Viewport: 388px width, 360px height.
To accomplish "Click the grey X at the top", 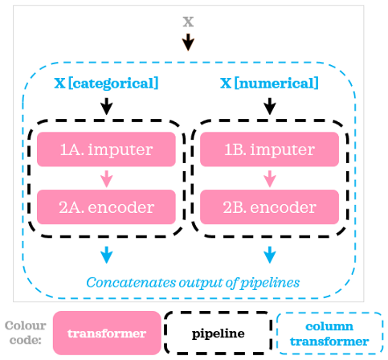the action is [x=188, y=22].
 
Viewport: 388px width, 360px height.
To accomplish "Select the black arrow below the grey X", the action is [x=188, y=42].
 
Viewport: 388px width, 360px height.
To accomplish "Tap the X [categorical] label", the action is [x=106, y=84].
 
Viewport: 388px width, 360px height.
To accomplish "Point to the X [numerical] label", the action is [x=269, y=83].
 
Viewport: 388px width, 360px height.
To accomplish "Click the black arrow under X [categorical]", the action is [x=107, y=106].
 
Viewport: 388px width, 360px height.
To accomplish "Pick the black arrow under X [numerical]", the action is [x=270, y=106].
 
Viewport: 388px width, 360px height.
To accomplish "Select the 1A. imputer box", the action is [x=106, y=149].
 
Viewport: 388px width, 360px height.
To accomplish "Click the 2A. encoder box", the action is [x=106, y=207].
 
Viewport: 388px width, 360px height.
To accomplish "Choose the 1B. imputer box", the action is [x=270, y=149].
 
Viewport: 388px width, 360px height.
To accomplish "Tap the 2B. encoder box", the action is [x=270, y=207].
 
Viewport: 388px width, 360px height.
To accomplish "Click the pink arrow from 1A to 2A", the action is [x=107, y=178].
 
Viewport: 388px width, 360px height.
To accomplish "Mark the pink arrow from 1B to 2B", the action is [x=270, y=178].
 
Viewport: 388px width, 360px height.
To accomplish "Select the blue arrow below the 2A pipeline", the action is [x=107, y=255].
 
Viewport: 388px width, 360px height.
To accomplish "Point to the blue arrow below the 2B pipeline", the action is [x=270, y=255].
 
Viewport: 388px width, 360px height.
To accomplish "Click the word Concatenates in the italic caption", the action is [x=131, y=282].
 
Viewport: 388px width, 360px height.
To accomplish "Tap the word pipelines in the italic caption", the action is [x=270, y=283].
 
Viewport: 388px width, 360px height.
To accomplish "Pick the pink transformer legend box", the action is [x=107, y=333].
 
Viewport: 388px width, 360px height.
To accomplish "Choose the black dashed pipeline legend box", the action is [x=219, y=333].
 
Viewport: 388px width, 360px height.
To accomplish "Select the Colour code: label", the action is [x=26, y=333].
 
